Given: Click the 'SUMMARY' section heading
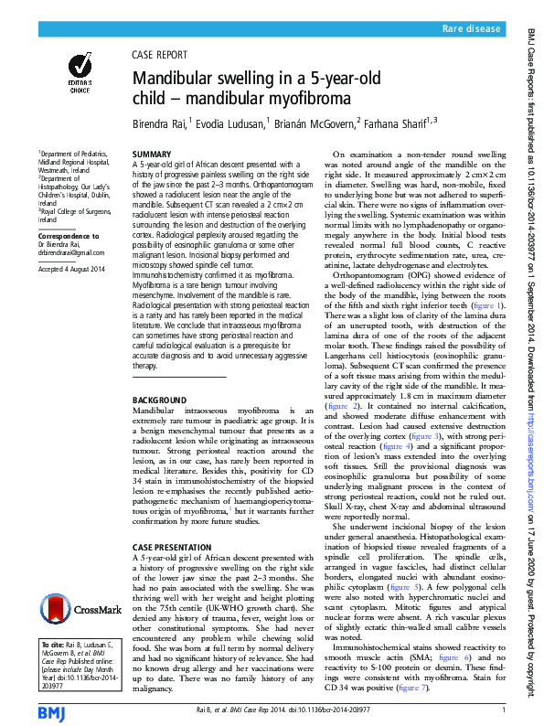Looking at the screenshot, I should [x=151, y=154].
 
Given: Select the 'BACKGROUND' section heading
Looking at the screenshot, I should [x=158, y=401].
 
